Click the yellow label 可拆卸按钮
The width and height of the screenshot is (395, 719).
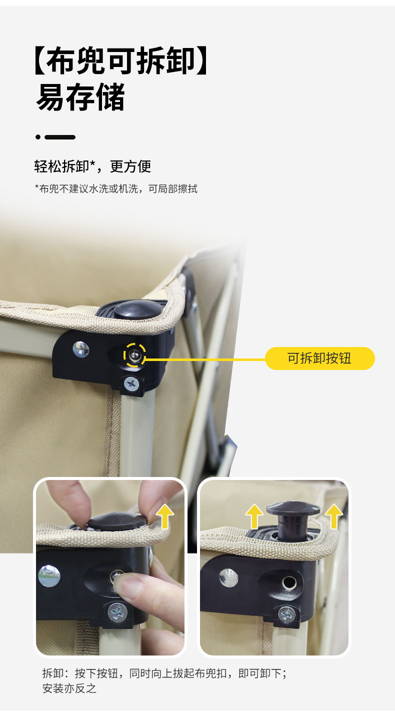click(319, 358)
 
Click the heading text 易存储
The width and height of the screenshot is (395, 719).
click(80, 97)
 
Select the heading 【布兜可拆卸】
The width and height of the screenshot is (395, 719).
click(121, 60)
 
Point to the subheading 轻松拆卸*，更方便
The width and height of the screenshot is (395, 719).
click(92, 166)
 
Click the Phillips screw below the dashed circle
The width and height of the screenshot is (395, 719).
click(131, 383)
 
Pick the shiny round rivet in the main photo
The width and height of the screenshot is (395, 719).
click(80, 349)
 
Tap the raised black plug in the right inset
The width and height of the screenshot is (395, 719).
click(292, 518)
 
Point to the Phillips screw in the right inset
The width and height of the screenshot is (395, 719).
click(286, 614)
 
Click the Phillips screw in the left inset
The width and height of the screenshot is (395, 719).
click(117, 612)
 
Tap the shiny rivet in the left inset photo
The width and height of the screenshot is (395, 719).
click(49, 576)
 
